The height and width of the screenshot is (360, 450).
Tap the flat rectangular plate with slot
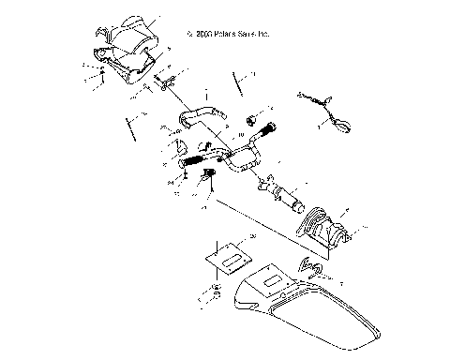point(230,249)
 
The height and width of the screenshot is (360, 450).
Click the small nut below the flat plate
point(217,290)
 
